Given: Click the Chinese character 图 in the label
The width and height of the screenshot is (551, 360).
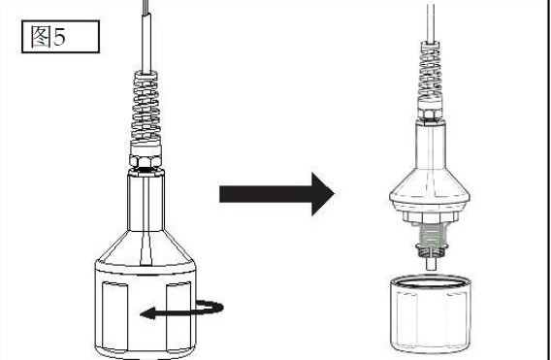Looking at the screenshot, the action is click(x=41, y=37).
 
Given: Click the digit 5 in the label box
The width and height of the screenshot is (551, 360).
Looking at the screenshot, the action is click(x=59, y=37).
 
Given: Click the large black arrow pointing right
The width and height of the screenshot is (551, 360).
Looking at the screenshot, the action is click(x=276, y=194).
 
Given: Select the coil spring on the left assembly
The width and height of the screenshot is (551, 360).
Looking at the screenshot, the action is click(x=146, y=108).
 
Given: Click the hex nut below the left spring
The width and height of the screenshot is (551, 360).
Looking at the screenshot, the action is click(x=146, y=161).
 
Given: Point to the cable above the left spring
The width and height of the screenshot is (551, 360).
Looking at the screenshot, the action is click(x=146, y=35).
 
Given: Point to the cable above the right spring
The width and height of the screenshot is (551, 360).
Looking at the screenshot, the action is click(x=431, y=21).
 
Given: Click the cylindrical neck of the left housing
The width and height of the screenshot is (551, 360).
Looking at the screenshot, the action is click(x=146, y=201).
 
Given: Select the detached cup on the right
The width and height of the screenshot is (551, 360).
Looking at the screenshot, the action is click(x=430, y=313).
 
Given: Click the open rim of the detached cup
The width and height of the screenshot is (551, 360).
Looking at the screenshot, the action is click(x=430, y=281).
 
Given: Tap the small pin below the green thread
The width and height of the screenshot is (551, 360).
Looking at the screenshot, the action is click(x=431, y=263).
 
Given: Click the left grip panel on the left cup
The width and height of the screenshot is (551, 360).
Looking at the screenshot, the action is click(x=114, y=315).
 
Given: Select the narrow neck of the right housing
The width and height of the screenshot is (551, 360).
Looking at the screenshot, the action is click(x=431, y=145).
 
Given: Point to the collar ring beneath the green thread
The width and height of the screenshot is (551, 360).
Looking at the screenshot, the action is click(x=430, y=249).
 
